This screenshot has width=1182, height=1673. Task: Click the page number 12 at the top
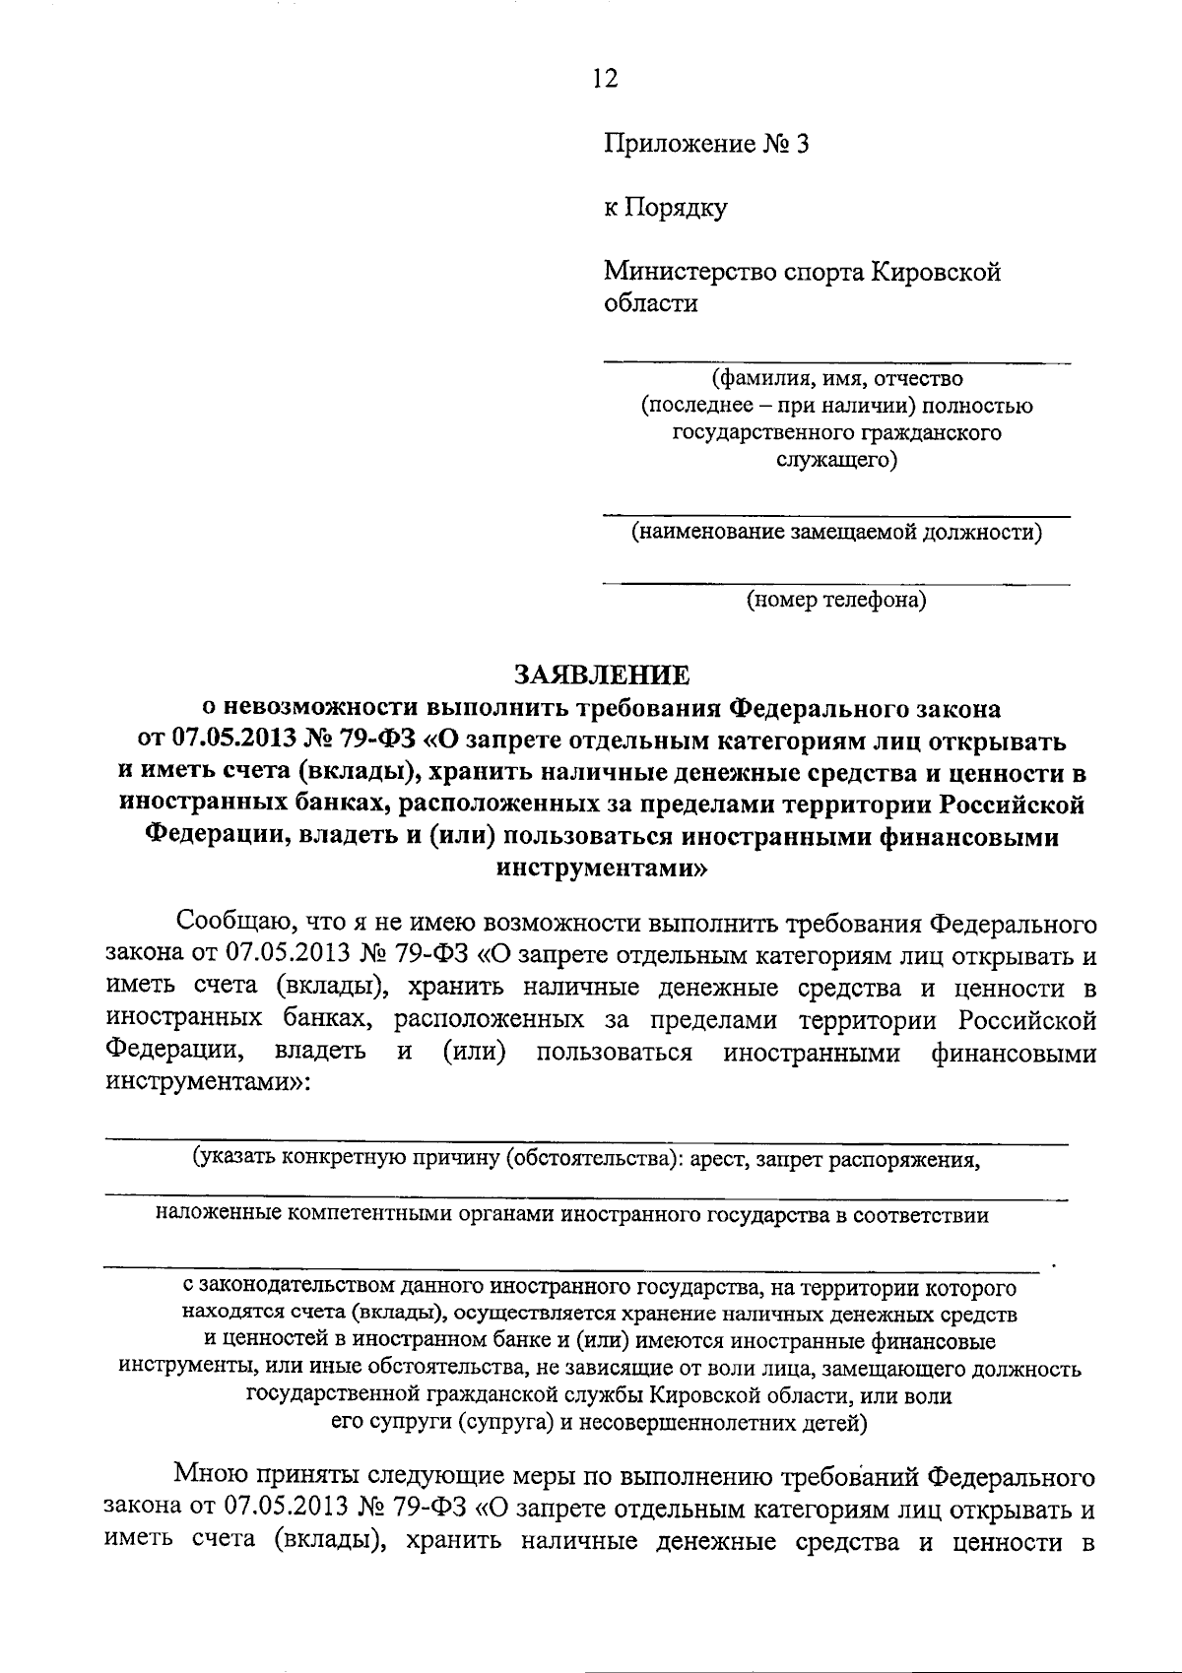coord(605,79)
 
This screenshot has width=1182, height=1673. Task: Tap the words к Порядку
coord(665,208)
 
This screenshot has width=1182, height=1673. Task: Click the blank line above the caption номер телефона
coord(835,584)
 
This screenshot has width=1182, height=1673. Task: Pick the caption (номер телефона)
coord(835,599)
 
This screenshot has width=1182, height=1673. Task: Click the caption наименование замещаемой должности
coord(836,533)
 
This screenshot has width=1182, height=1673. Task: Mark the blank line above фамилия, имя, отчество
coord(835,363)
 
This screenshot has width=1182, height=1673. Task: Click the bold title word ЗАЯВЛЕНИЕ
coord(602,675)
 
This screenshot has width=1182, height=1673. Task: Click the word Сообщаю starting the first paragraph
coord(230,924)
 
